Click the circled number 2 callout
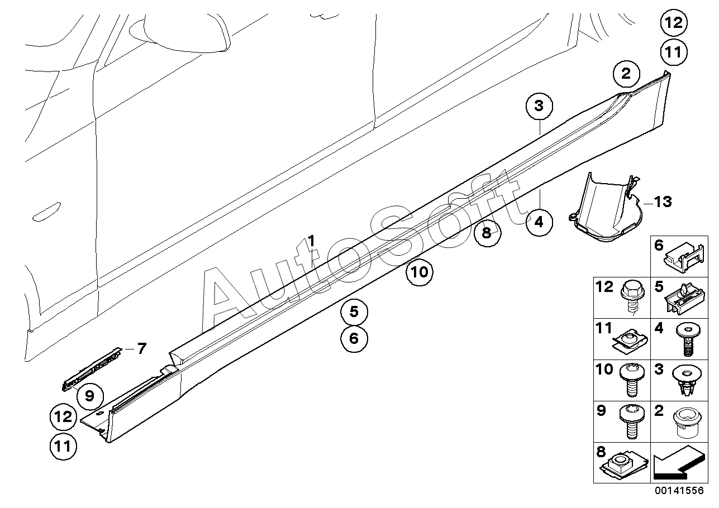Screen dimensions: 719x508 tap(626, 73)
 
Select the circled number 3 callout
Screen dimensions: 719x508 tap(539, 106)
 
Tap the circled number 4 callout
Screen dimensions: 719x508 tap(539, 222)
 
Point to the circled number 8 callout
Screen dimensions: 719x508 tap(487, 232)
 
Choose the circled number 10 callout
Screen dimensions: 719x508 tap(420, 272)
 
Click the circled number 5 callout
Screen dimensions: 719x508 tap(355, 311)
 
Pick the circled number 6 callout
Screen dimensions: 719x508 tap(355, 338)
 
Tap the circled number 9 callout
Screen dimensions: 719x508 tap(90, 396)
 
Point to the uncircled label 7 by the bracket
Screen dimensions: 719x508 tap(141, 349)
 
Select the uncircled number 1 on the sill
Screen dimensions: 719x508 tap(311, 241)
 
